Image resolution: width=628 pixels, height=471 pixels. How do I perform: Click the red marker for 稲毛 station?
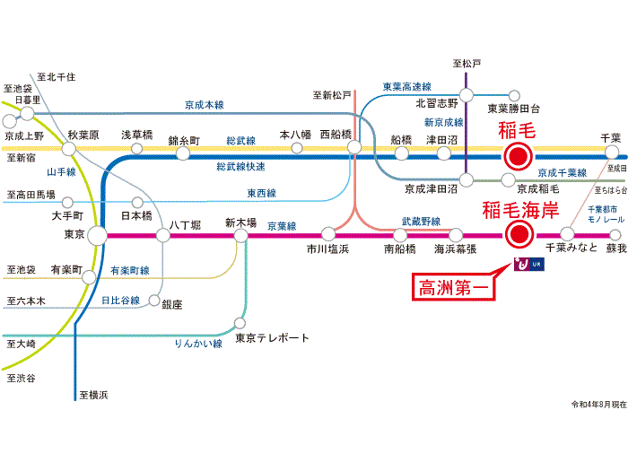pos(518,156)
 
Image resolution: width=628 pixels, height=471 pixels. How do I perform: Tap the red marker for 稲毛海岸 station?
pos(519,234)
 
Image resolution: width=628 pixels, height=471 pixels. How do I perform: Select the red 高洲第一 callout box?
pos(453,287)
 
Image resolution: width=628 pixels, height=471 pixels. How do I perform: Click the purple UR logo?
pos(529,265)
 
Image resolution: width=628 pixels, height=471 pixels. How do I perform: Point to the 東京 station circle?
pos(97,235)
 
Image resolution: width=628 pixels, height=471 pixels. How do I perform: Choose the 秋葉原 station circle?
pos(69,149)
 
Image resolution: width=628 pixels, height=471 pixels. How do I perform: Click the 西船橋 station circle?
pos(354,147)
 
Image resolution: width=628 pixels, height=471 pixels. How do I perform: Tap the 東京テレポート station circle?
pos(240,323)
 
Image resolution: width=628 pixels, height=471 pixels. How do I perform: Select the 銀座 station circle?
pos(154,300)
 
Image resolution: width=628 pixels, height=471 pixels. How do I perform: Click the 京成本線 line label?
pos(205,105)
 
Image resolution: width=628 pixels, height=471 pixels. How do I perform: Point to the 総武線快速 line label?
pos(240,167)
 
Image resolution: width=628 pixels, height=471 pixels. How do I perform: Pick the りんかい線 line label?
pos(198,344)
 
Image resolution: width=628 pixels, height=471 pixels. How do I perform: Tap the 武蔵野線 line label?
pos(421,221)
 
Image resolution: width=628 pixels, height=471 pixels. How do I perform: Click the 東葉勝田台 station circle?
pos(514,96)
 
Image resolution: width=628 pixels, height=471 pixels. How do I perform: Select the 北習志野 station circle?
pos(467,95)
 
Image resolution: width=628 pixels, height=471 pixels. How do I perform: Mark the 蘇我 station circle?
pos(615,235)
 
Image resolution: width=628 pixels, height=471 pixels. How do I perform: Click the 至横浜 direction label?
pos(93,395)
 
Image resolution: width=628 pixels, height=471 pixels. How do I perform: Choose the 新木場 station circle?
pos(240,235)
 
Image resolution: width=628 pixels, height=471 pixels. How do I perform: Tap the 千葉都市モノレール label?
pos(606,214)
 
